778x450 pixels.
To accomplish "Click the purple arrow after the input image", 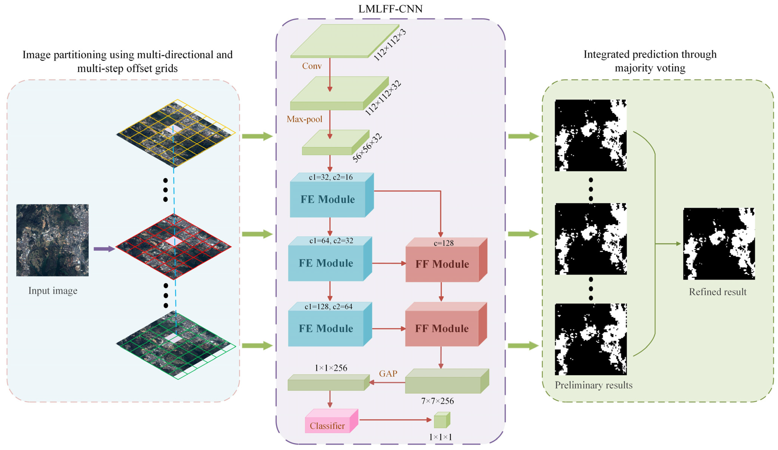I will [104, 249].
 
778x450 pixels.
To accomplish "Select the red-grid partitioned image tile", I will [173, 247].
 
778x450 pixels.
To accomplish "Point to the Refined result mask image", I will [719, 244].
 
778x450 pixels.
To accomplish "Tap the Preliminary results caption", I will [593, 385].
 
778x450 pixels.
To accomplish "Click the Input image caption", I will [53, 291].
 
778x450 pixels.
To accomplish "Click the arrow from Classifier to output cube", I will [395, 420].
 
